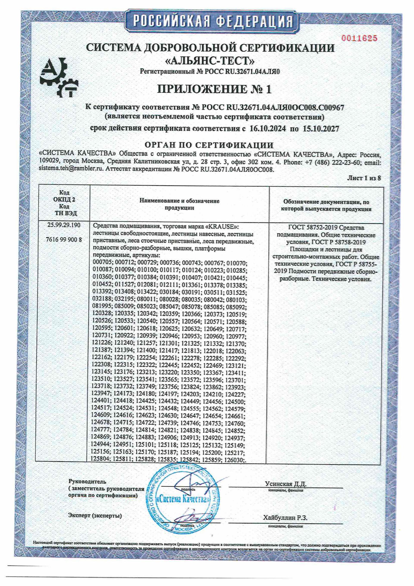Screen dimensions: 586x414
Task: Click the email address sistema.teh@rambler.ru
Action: pyautogui.click(x=71, y=169)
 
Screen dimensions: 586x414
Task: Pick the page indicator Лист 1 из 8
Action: pyautogui.click(x=364, y=178)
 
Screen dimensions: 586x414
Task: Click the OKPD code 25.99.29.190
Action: pyautogui.click(x=64, y=225)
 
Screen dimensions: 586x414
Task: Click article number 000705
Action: pyautogui.click(x=102, y=263)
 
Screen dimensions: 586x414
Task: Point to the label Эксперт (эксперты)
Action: pyautogui.click(x=95, y=516)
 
